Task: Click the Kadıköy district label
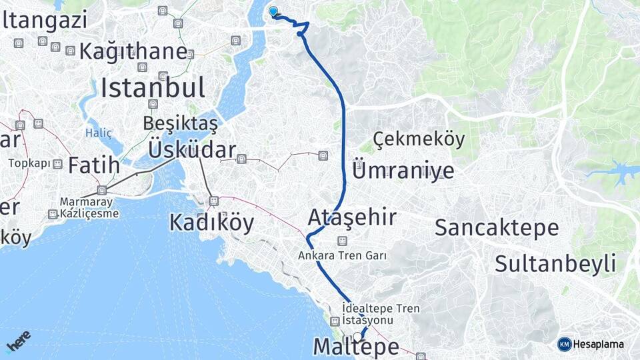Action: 211,223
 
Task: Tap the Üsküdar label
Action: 192,150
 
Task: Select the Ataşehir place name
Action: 352,217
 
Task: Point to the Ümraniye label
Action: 403,171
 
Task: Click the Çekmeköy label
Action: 419,139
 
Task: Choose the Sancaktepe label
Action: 497,227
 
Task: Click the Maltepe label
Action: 356,347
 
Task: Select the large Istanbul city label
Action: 153,87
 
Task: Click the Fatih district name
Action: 93,165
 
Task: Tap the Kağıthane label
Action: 133,51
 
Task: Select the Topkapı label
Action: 29,163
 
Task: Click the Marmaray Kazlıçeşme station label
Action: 89,207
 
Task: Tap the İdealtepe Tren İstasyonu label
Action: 380,313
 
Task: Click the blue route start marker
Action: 273,11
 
